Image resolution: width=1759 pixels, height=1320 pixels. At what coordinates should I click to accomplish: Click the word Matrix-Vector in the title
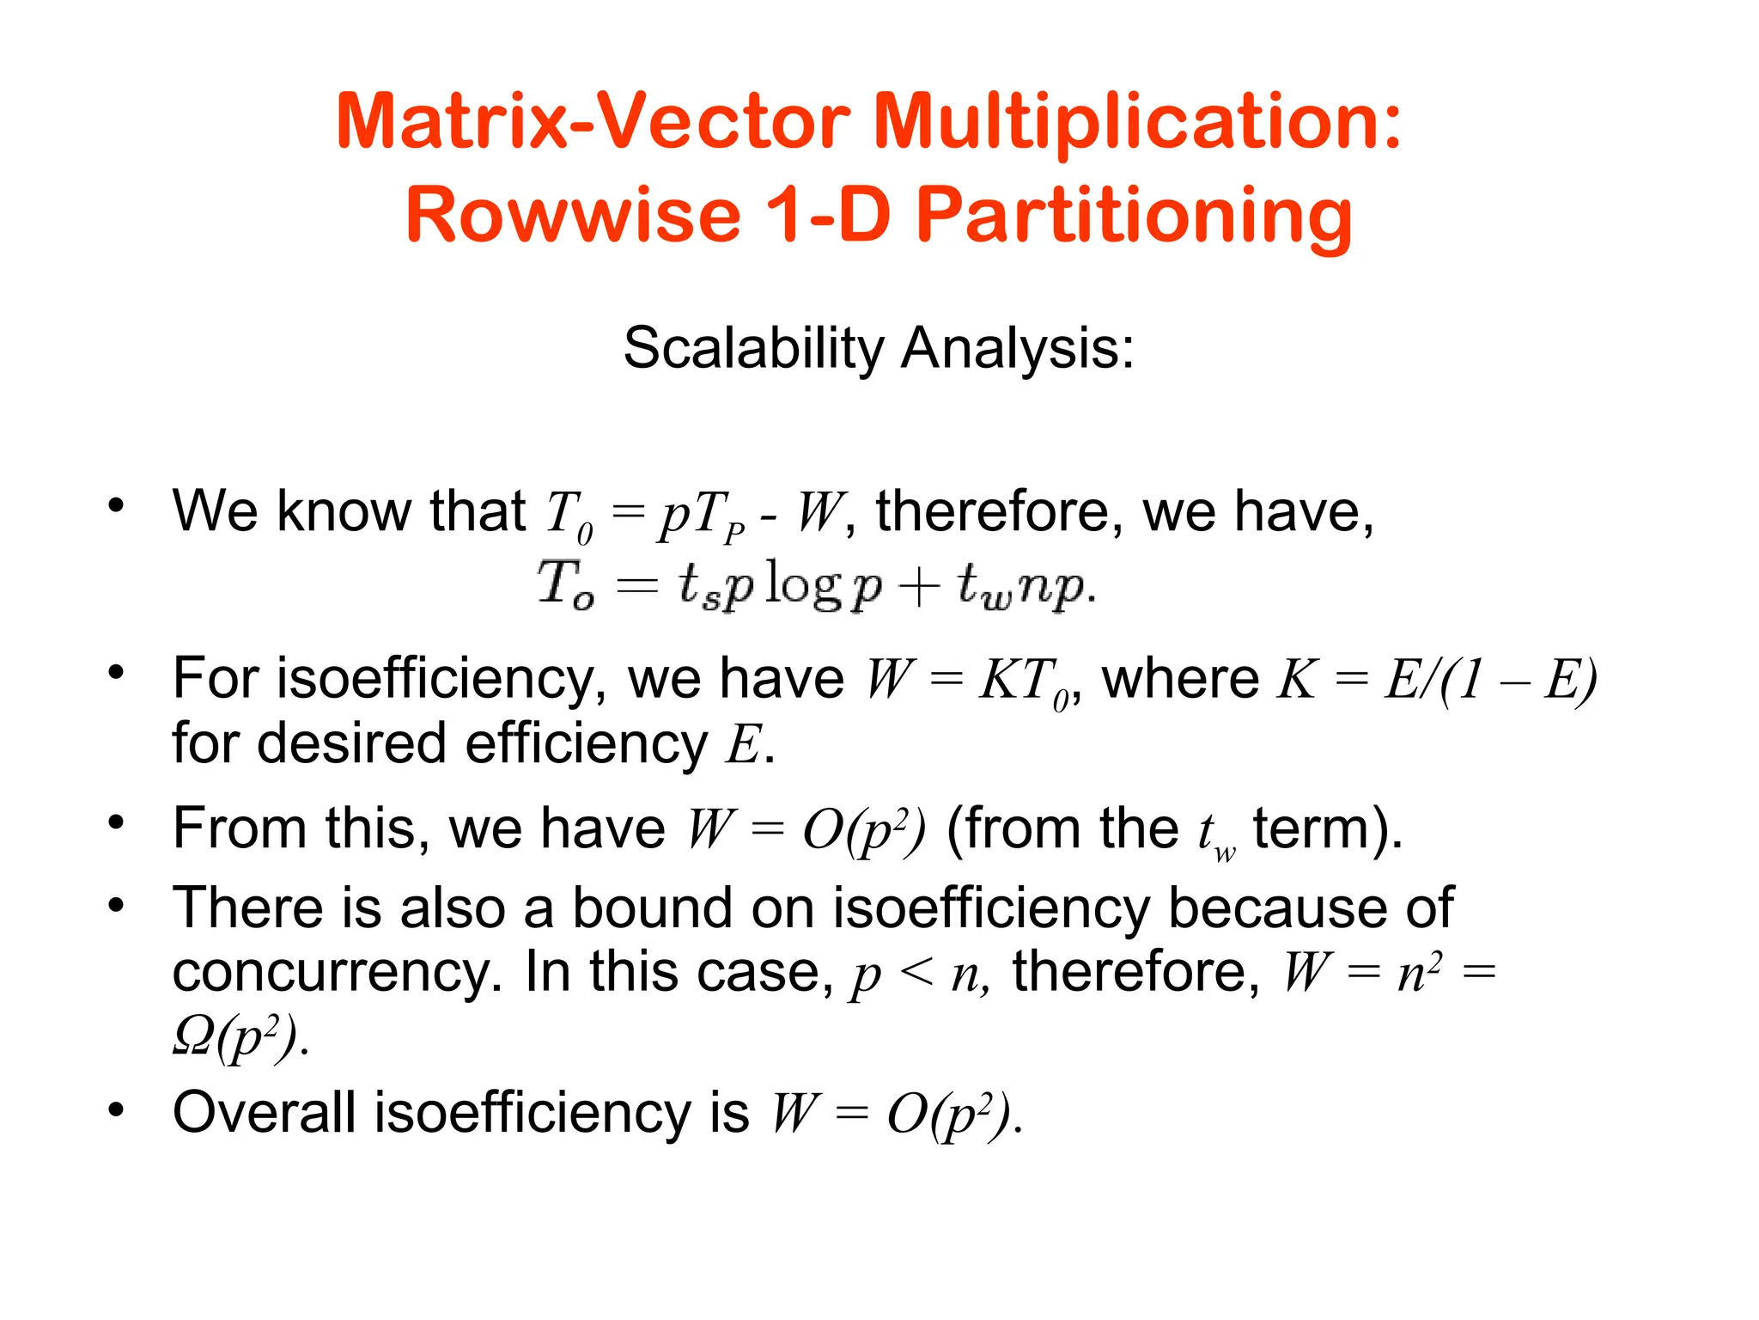tap(593, 122)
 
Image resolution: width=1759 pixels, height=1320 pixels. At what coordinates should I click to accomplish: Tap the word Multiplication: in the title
tap(1137, 122)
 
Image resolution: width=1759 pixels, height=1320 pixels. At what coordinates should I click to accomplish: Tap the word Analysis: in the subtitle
tap(1018, 349)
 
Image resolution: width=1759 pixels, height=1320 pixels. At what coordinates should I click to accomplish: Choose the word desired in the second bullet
tap(351, 743)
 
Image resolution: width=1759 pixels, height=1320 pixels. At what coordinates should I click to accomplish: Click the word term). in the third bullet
tap(1327, 829)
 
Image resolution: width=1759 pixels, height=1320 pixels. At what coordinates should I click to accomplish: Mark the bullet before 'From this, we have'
tap(116, 823)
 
